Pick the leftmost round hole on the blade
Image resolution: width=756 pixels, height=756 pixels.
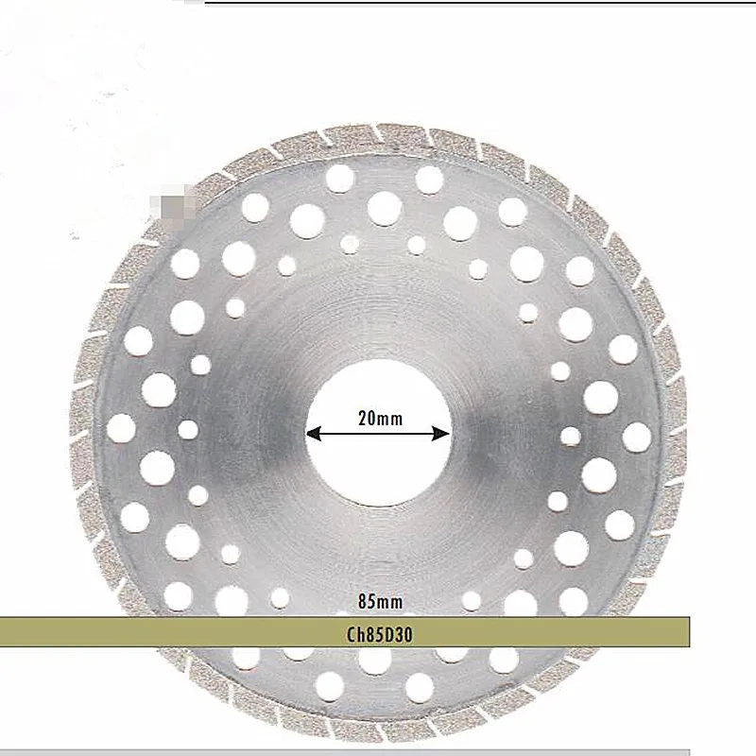coord(121,429)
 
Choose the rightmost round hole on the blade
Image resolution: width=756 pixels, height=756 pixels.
coord(637,437)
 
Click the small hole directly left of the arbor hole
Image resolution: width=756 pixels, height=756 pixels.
coord(188,430)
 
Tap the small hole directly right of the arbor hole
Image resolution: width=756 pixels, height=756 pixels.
coord(570,436)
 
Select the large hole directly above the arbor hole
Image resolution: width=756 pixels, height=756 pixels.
coord(385,208)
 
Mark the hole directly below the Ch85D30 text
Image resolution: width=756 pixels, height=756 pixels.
coord(375,661)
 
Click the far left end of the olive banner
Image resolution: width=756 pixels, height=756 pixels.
coord(6,632)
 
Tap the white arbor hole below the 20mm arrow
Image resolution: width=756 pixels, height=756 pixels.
coord(378,472)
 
